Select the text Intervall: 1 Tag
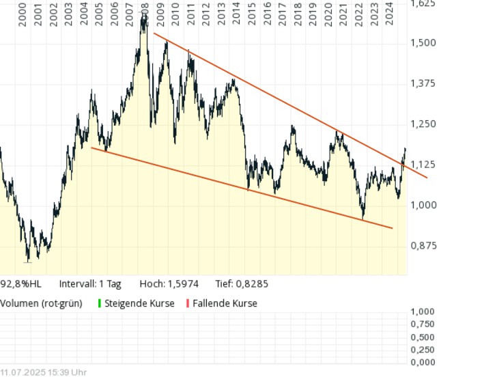(90, 283)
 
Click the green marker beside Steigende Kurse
(100, 303)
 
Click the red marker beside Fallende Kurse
(188, 303)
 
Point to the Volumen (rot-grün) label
(41, 303)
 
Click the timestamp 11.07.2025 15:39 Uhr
(43, 372)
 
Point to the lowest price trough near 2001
(28, 260)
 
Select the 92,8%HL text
(20, 283)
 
